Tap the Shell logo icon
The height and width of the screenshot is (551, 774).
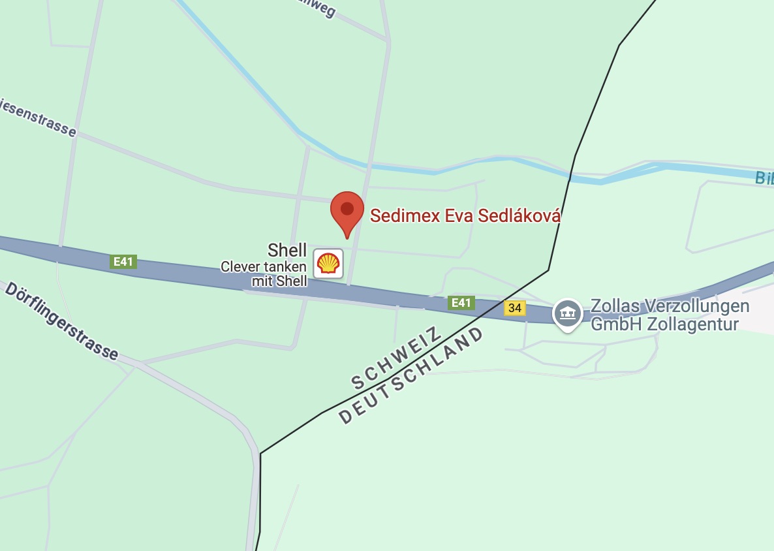pos(328,264)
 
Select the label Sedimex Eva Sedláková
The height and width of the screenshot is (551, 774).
pos(465,216)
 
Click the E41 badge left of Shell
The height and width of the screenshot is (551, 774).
pos(123,262)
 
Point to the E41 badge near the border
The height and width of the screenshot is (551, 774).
pos(461,302)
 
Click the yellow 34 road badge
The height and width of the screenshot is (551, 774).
pos(514,307)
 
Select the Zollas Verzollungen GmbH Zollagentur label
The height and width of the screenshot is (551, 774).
pos(669,315)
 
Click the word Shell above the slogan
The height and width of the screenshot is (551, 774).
pos(287,249)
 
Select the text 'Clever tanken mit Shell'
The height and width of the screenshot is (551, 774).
pos(264,274)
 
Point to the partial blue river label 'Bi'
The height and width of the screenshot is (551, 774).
pos(764,178)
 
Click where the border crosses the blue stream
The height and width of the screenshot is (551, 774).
pos(570,174)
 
